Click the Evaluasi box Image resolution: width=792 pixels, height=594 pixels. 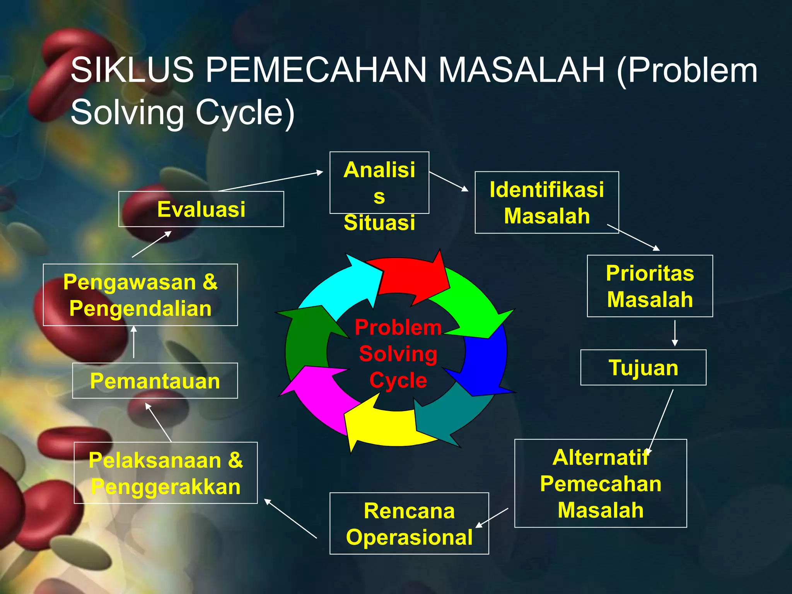(201, 209)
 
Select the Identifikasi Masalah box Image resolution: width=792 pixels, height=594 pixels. (546, 203)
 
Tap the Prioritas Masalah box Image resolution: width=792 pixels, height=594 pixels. (650, 286)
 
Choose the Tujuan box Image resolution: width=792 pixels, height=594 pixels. (643, 367)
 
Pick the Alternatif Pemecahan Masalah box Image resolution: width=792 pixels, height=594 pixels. (600, 483)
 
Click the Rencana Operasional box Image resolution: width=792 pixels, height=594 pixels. (409, 524)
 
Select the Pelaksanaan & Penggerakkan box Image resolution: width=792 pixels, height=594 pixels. (166, 473)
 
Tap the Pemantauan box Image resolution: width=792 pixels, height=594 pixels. (155, 381)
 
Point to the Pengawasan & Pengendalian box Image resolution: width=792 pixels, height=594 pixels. (140, 295)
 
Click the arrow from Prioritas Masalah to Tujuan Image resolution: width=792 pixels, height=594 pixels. (675, 333)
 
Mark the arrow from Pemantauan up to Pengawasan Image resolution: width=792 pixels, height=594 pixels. (134, 342)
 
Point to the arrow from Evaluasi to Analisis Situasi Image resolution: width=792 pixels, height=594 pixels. (271, 181)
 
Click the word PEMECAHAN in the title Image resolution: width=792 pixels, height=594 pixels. (315, 70)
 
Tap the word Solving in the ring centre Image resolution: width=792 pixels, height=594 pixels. (398, 354)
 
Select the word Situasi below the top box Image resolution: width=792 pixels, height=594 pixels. (379, 223)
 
